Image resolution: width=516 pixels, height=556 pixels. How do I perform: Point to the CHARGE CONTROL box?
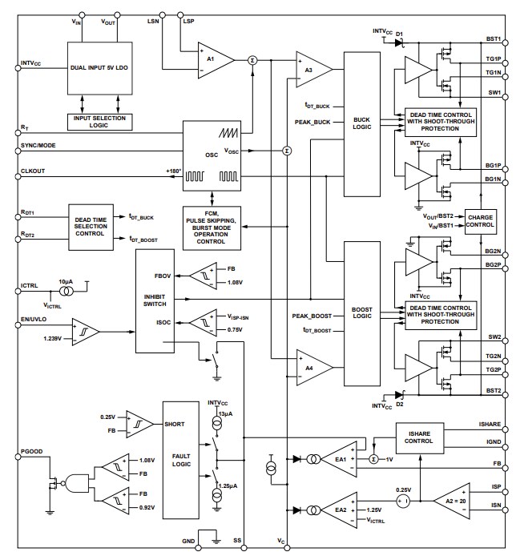click(480, 220)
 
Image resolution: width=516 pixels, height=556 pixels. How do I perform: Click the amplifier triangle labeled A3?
click(309, 71)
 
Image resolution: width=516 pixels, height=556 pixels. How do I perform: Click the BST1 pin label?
click(493, 38)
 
